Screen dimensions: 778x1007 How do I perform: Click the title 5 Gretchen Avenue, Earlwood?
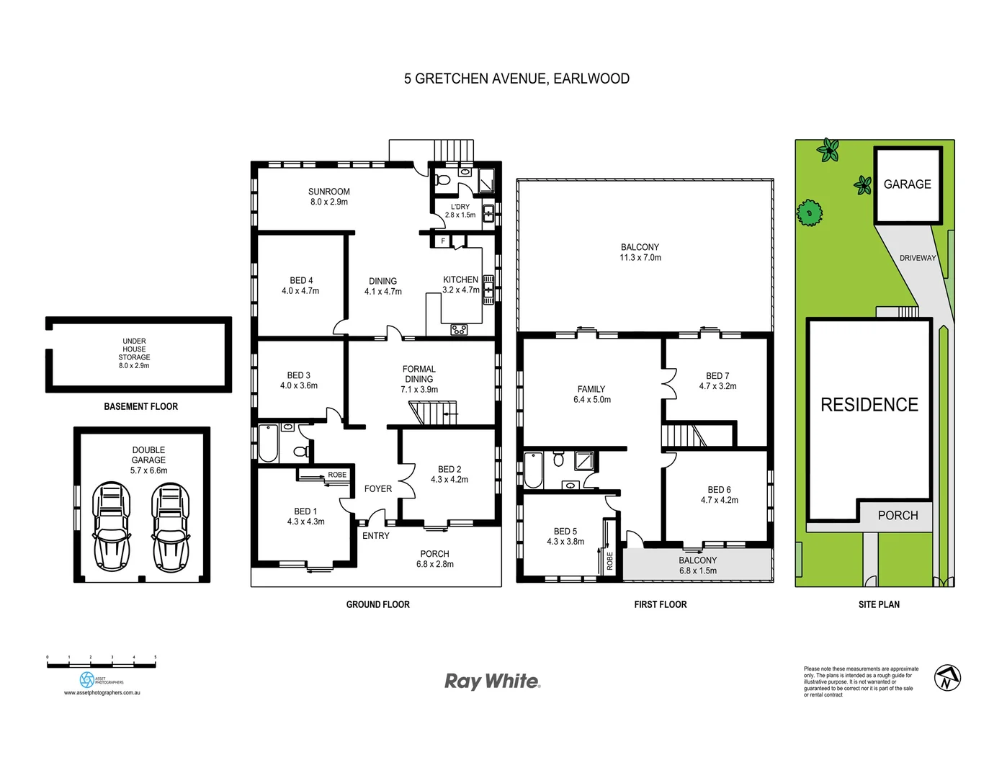click(516, 79)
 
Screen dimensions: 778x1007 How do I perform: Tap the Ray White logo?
click(492, 681)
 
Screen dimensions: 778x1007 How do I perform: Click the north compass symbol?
click(947, 677)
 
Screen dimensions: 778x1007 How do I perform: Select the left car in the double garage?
click(111, 526)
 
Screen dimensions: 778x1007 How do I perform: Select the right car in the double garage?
click(170, 526)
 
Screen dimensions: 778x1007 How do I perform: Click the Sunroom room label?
click(328, 192)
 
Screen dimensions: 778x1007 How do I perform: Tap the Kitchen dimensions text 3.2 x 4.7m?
click(460, 290)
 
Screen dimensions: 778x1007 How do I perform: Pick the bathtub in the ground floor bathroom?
click(268, 443)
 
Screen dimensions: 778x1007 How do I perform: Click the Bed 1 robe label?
click(336, 475)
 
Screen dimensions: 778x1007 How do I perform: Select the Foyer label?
click(377, 488)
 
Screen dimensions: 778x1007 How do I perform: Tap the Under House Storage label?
click(134, 349)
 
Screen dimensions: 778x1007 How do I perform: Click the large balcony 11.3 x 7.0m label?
click(640, 252)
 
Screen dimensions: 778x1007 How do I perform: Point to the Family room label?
click(591, 389)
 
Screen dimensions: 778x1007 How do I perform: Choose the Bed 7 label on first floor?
click(717, 376)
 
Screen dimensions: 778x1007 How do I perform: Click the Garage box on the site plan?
click(908, 184)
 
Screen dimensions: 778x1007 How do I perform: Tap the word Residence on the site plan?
click(869, 405)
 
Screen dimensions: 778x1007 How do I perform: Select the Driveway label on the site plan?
click(917, 258)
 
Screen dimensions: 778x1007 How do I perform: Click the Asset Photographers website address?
click(102, 693)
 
